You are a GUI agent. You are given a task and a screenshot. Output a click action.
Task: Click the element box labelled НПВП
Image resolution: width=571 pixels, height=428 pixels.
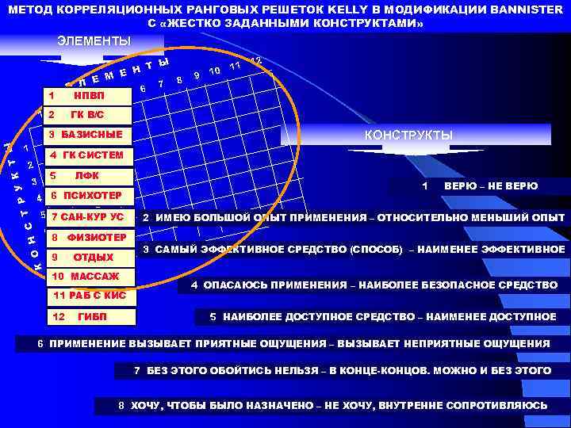[85, 97]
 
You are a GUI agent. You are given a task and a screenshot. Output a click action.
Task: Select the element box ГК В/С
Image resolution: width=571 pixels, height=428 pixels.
[85, 116]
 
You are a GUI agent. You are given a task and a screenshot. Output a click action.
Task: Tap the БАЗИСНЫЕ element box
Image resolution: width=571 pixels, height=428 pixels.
[85, 136]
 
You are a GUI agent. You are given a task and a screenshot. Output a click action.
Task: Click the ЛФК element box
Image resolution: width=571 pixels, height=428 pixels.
[85, 175]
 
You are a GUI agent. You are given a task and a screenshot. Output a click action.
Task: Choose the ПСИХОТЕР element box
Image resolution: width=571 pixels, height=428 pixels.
[85, 196]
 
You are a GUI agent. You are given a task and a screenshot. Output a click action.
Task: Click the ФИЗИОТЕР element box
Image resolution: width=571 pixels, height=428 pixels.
[90, 237]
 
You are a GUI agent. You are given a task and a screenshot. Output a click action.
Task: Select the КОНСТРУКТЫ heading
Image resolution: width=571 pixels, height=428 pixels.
[408, 136]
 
